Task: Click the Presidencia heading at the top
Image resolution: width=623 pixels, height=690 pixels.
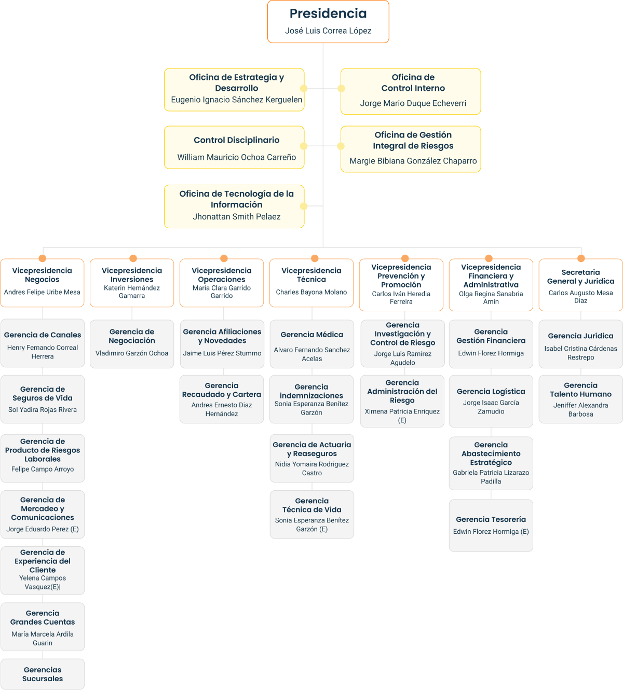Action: [328, 13]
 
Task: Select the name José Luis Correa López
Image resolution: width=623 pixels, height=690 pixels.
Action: [328, 31]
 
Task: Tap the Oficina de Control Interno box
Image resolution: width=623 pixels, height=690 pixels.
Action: [411, 91]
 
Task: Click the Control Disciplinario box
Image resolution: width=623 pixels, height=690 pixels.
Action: [235, 147]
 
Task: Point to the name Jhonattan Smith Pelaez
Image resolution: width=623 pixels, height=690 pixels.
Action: [237, 217]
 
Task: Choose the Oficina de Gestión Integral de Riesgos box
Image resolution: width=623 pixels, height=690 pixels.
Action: [411, 149]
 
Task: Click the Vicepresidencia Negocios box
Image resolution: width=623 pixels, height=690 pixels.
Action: [42, 283]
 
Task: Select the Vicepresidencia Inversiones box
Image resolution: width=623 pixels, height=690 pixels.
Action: [132, 283]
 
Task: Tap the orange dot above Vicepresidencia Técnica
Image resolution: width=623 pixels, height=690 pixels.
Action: [315, 258]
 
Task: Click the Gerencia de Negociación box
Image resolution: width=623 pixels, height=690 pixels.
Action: [132, 344]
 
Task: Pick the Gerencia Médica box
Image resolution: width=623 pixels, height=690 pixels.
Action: [311, 344]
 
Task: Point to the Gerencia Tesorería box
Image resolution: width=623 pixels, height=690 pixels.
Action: [491, 525]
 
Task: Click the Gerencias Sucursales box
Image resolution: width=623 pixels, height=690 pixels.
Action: [43, 674]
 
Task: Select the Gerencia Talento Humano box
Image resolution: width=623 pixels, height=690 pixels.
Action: [580, 399]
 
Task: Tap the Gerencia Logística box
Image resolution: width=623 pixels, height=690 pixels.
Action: [491, 401]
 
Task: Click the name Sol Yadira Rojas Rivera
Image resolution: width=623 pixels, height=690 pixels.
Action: [43, 410]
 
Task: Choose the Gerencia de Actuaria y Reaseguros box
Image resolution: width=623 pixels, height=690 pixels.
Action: [311, 459]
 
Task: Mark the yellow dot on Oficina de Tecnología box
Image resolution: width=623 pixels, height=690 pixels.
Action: [304, 206]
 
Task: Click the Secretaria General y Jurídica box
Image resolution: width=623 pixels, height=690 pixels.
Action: [580, 285]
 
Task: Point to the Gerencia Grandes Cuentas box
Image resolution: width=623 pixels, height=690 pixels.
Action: [43, 627]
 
